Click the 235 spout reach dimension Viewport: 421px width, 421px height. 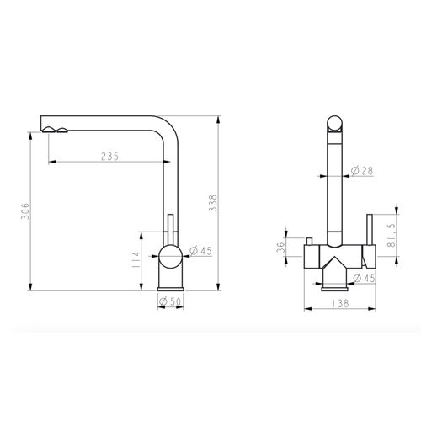(x=110, y=157)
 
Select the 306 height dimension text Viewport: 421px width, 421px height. (x=26, y=210)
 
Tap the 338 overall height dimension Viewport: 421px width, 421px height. (x=213, y=203)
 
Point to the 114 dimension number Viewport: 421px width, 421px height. (x=136, y=259)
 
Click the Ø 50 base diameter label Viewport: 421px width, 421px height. (x=170, y=301)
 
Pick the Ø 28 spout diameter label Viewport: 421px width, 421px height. (x=362, y=171)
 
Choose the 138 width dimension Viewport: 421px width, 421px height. (x=340, y=303)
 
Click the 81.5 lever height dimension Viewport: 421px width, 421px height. (x=391, y=235)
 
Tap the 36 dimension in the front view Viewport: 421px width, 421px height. (x=281, y=247)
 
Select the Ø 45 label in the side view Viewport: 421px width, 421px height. (x=200, y=251)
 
